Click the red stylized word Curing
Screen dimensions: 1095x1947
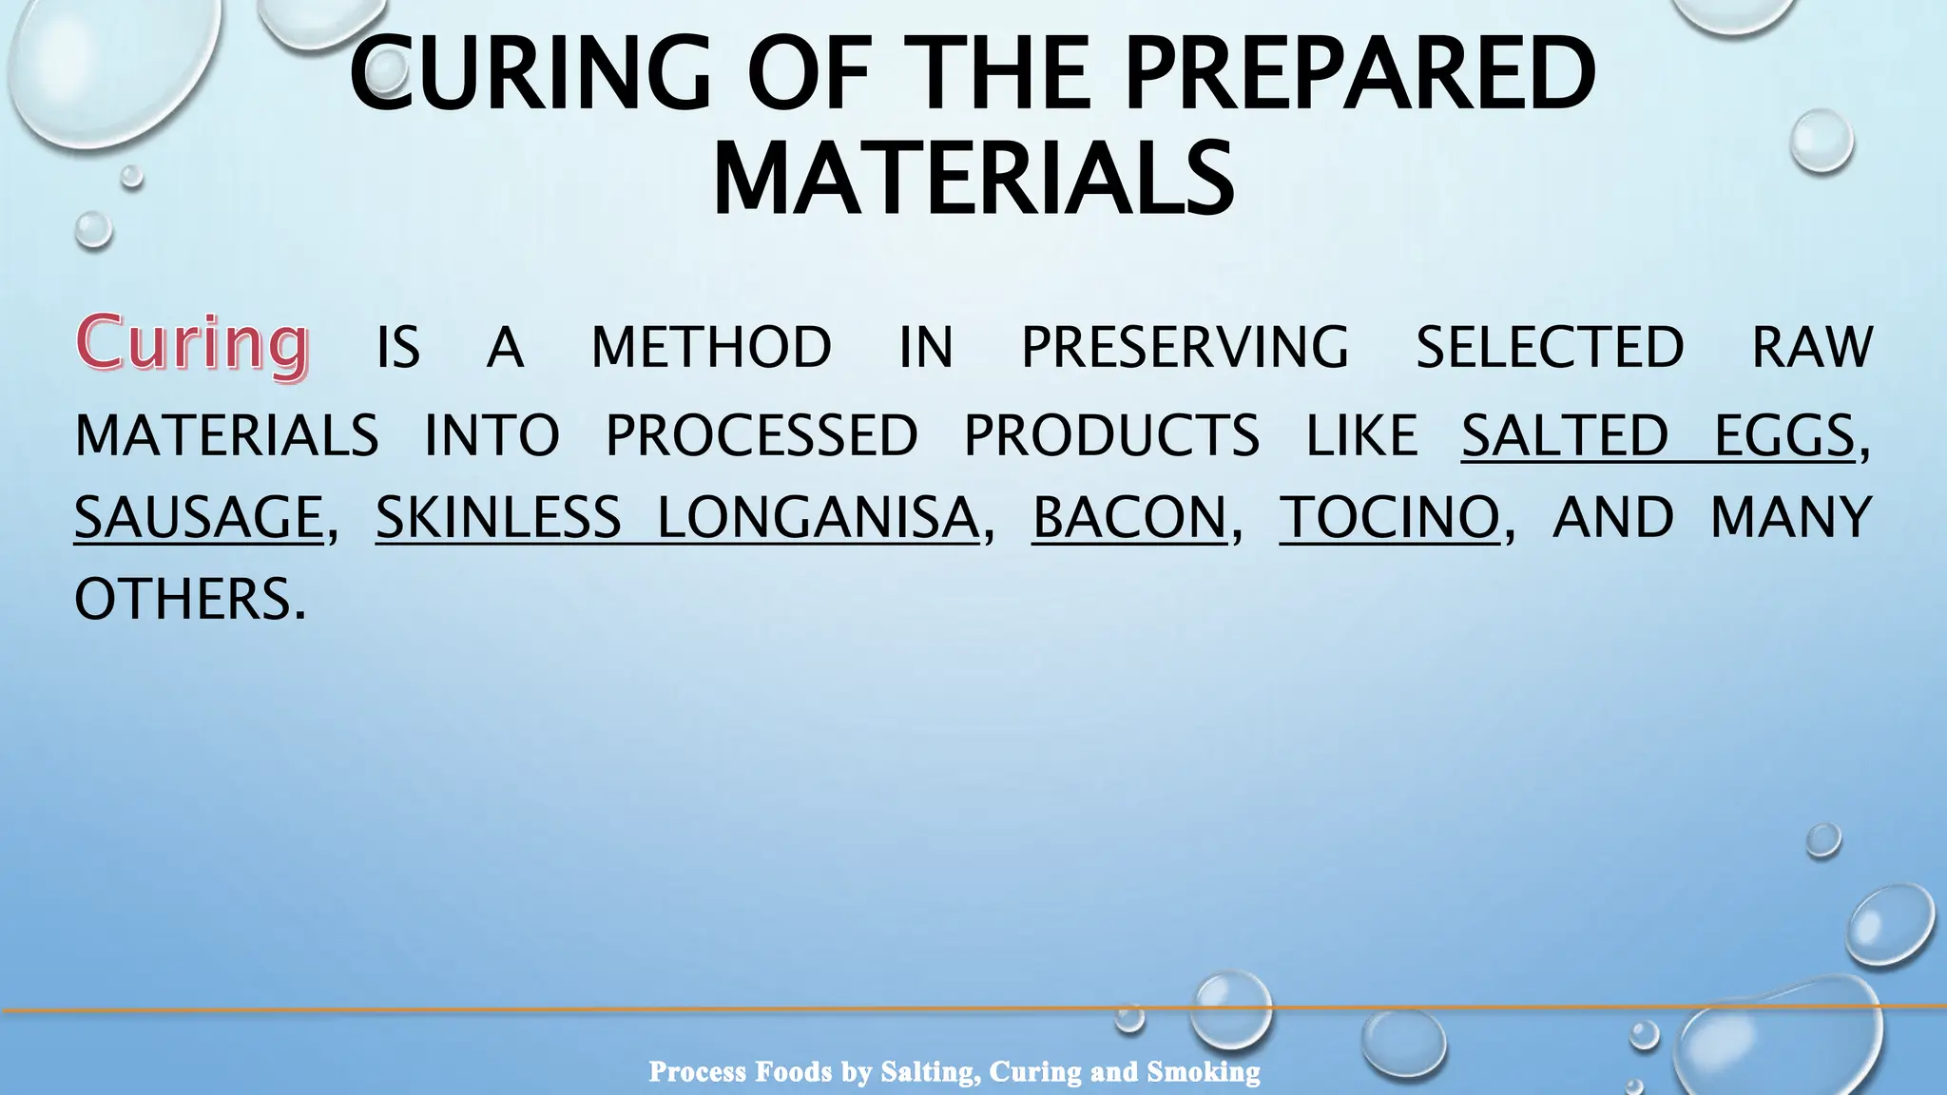point(193,343)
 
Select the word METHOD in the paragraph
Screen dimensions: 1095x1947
point(711,347)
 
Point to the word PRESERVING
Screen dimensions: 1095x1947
point(1185,347)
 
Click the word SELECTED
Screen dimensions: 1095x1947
point(1550,347)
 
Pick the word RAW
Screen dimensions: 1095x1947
point(1812,347)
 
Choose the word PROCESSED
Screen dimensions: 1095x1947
point(761,436)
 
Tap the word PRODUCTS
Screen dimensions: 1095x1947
point(1111,436)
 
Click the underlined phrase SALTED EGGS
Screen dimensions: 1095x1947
point(1658,436)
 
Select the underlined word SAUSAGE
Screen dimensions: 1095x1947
point(200,518)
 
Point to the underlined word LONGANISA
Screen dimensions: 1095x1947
point(819,518)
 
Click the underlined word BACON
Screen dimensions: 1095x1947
point(1130,518)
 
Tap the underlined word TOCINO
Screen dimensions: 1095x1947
point(1390,518)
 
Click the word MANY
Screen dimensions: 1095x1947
point(1791,518)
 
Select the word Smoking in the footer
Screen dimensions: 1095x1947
point(1204,1072)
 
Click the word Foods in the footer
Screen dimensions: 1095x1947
point(793,1072)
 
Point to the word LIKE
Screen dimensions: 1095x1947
point(1361,436)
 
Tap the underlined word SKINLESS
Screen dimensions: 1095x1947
point(498,518)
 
